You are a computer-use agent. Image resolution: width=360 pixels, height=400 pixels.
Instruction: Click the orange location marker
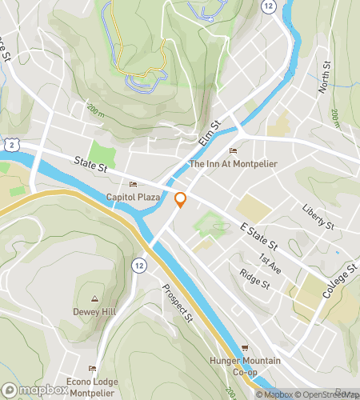click(x=181, y=199)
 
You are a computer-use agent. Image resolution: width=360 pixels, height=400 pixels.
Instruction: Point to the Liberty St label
click(x=318, y=218)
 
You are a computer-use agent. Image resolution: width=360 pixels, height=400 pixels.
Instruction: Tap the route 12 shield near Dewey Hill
click(x=139, y=264)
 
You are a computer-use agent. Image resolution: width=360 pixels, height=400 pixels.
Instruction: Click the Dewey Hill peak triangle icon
click(x=95, y=298)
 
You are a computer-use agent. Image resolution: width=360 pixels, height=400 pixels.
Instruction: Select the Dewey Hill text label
click(x=95, y=311)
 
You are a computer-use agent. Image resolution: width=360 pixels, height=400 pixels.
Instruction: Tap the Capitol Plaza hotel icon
click(x=133, y=185)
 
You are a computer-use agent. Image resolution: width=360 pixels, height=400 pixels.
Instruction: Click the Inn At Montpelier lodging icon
click(x=233, y=151)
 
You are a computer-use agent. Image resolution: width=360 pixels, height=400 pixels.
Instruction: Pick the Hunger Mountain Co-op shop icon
click(x=245, y=348)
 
